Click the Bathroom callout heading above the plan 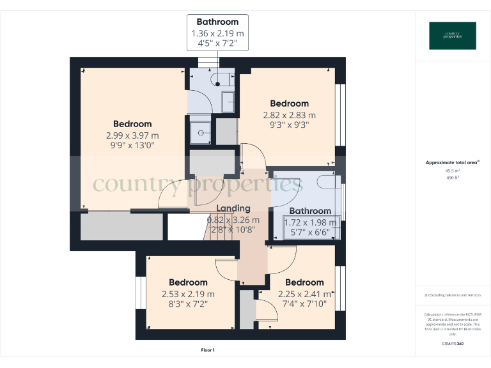click(x=217, y=22)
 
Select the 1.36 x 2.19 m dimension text click(x=217, y=33)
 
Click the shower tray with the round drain click(x=201, y=132)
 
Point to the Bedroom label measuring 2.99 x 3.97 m click(x=132, y=124)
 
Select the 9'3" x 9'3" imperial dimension click(x=289, y=126)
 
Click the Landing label click(x=233, y=208)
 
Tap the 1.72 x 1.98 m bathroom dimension click(x=310, y=222)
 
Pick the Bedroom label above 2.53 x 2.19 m click(x=188, y=282)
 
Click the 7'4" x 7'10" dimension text click(x=304, y=303)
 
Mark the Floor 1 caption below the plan click(x=208, y=350)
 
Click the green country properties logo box click(x=452, y=36)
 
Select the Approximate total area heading click(x=451, y=163)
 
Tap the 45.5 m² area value click(x=452, y=171)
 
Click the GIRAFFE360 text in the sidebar click(x=452, y=344)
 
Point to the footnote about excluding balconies click(x=452, y=295)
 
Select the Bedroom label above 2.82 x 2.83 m click(x=289, y=103)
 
